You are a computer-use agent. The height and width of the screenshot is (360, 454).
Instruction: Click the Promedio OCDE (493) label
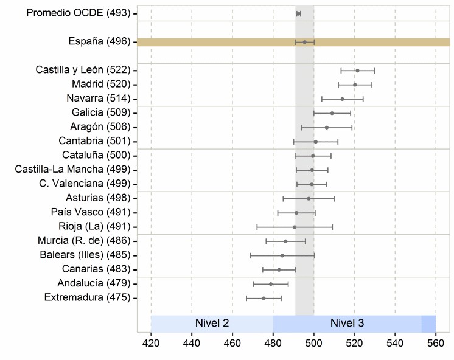(79, 13)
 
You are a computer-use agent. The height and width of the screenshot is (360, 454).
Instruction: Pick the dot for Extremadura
(264, 298)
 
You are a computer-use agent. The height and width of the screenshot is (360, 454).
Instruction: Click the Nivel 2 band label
(212, 324)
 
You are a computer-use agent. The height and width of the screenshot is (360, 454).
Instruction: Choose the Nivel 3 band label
(347, 324)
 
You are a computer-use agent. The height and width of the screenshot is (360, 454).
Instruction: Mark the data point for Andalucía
(271, 283)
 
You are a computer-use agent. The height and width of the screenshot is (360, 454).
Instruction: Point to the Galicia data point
(332, 113)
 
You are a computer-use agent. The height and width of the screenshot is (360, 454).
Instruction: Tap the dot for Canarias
(279, 269)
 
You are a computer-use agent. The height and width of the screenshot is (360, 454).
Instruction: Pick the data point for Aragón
(326, 127)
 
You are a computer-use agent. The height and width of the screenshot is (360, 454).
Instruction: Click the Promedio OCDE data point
(298, 13)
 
